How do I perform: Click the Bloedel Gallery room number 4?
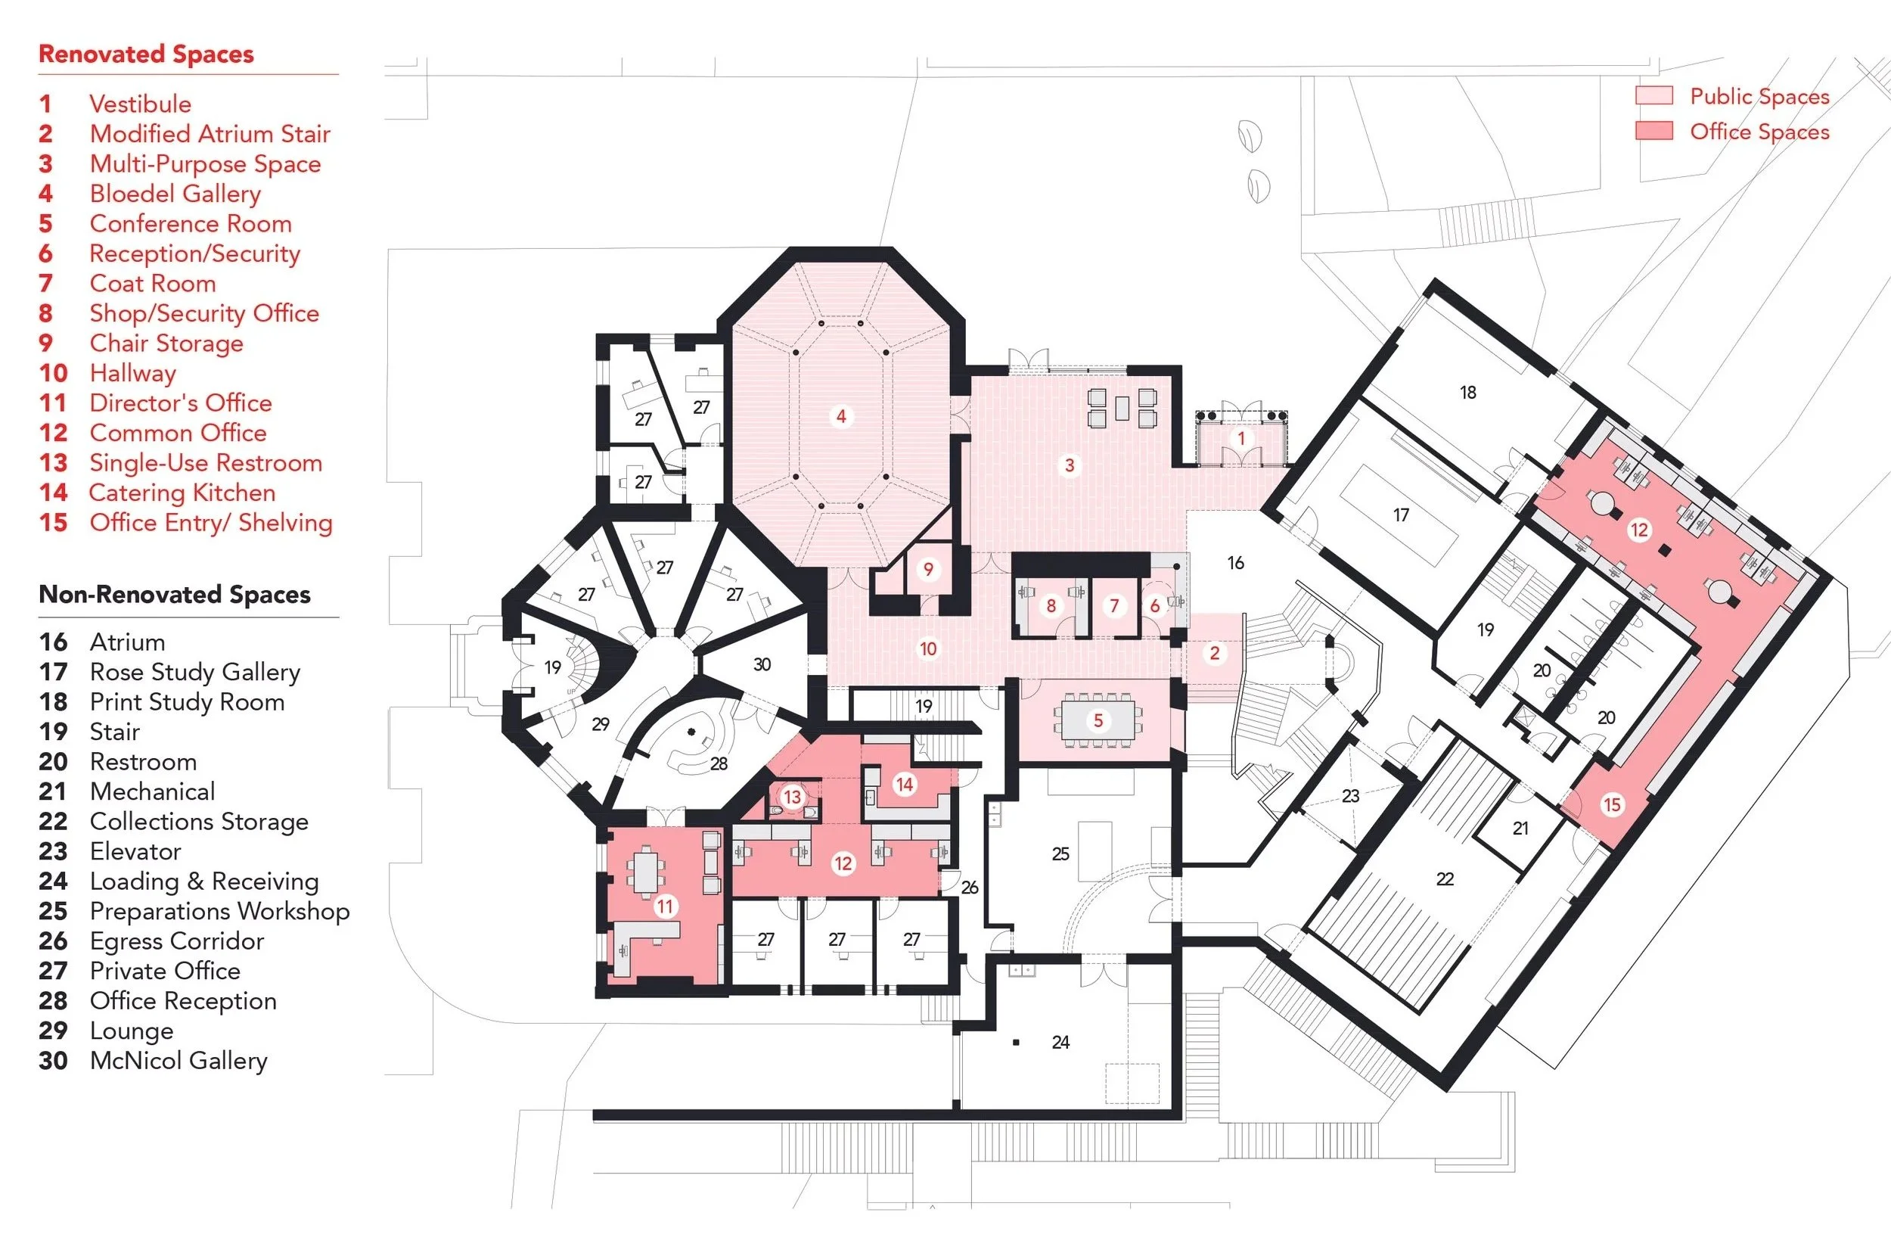(x=840, y=416)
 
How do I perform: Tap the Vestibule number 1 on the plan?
(x=1240, y=438)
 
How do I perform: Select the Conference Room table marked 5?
(x=1098, y=721)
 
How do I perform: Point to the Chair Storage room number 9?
(x=927, y=569)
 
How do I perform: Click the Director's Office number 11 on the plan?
(x=665, y=906)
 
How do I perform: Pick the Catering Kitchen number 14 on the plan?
(x=905, y=784)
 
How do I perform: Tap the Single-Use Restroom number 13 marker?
(x=792, y=797)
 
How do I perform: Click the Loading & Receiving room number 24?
(x=1060, y=1042)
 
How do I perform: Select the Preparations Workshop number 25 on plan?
(x=1060, y=853)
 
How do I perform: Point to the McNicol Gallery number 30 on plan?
(x=762, y=664)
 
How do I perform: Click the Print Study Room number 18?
(x=1467, y=393)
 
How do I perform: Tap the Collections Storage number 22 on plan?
(x=1445, y=879)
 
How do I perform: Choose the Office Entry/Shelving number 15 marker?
(x=1611, y=805)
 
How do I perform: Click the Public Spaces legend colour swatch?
(x=1653, y=96)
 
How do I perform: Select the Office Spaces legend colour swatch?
(x=1653, y=131)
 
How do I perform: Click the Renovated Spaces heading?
(x=146, y=54)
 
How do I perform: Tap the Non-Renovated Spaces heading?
(x=174, y=595)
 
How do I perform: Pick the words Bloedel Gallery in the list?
(x=175, y=194)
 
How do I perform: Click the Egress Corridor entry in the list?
(x=176, y=941)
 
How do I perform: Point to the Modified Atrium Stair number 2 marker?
(x=1214, y=653)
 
